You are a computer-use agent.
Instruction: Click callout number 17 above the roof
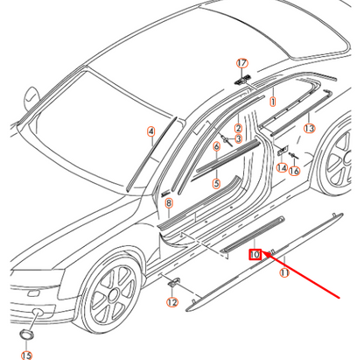point(242,63)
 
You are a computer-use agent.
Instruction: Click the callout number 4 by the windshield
point(216,183)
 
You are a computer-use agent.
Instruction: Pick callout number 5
point(216,147)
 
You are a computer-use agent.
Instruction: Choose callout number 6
point(169,202)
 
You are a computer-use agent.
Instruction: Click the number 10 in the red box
point(255,254)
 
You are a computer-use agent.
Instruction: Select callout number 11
point(283,273)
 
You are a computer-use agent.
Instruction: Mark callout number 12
point(172,302)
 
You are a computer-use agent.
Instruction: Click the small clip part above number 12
point(172,283)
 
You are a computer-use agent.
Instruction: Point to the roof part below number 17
point(242,78)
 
